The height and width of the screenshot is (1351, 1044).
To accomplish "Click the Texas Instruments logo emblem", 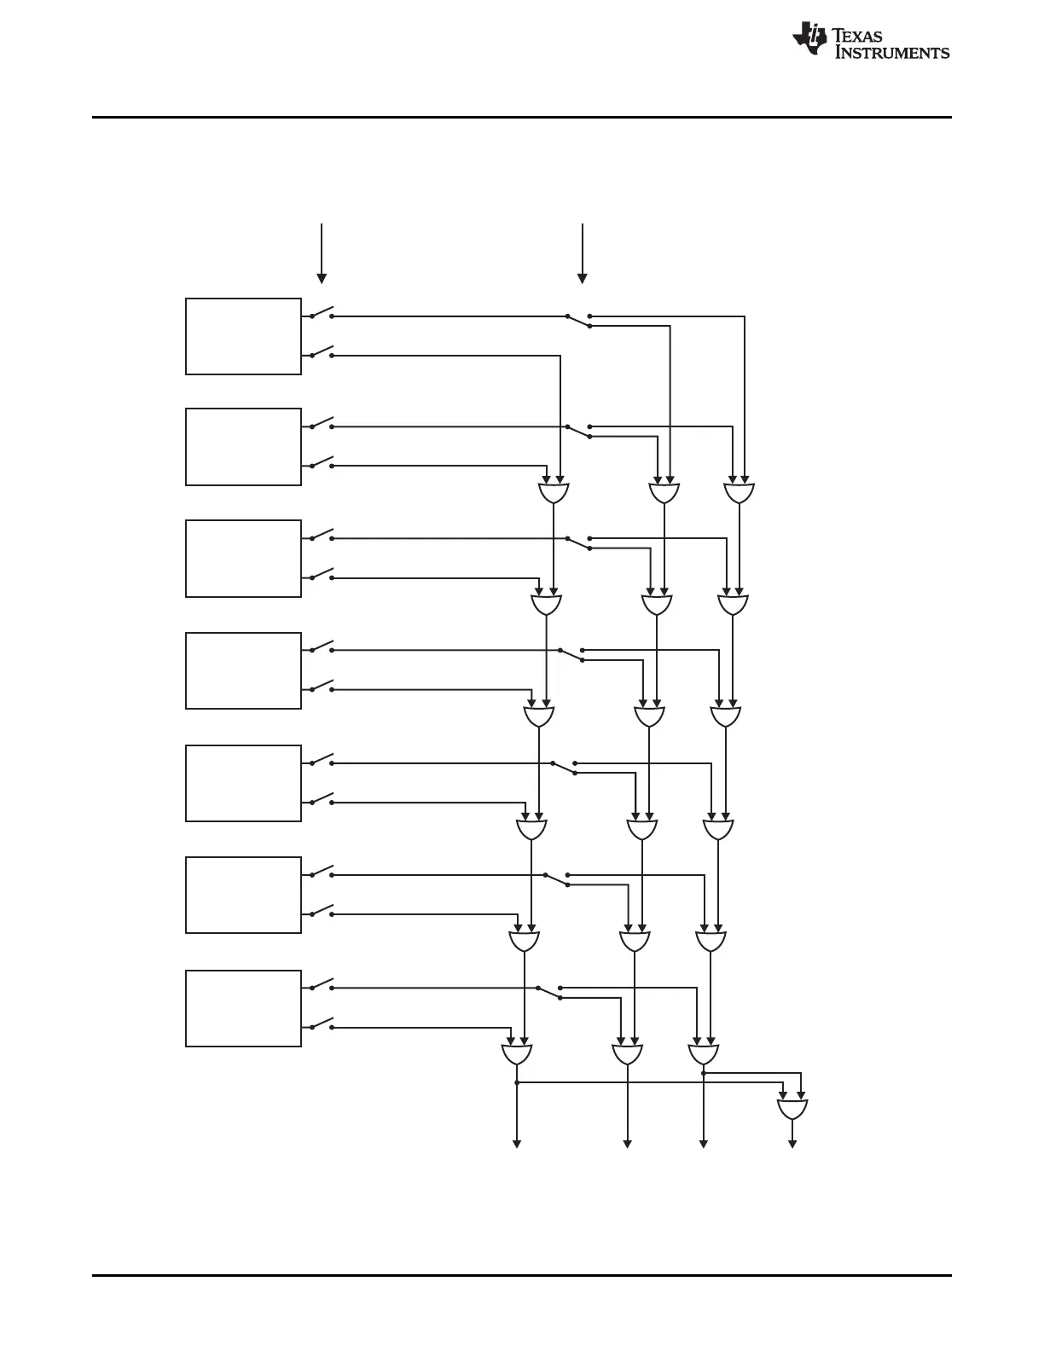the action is click(809, 38).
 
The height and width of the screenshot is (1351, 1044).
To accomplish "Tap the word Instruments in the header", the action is click(891, 53).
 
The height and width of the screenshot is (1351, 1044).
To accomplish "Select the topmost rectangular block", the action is click(243, 336).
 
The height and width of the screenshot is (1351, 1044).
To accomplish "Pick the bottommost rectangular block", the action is click(243, 1008).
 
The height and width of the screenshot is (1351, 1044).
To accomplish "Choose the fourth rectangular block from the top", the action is click(243, 670).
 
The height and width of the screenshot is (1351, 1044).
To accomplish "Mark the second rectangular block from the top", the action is click(243, 447).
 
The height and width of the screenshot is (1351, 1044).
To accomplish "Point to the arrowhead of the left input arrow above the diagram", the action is click(322, 278).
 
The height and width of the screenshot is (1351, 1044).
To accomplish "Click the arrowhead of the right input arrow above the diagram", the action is click(583, 278).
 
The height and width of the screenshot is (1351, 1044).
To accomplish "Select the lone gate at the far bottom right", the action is click(792, 1109).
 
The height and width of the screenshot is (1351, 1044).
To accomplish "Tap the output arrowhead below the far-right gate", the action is click(792, 1143).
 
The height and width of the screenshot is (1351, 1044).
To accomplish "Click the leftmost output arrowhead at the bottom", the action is click(517, 1143).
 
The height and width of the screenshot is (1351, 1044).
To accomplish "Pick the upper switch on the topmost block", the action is click(322, 312).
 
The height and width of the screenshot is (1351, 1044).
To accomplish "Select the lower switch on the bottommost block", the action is click(322, 1023).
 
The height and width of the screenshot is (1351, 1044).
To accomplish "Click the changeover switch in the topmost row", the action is click(578, 320).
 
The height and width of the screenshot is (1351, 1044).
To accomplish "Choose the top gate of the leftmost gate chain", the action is click(554, 493).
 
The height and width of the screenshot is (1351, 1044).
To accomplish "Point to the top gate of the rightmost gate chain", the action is click(739, 493).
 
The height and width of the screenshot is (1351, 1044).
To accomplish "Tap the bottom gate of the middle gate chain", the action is click(628, 1054).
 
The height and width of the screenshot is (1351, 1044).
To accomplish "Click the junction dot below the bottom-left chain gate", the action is click(517, 1082).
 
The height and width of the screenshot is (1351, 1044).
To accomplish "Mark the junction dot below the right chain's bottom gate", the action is click(704, 1072).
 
